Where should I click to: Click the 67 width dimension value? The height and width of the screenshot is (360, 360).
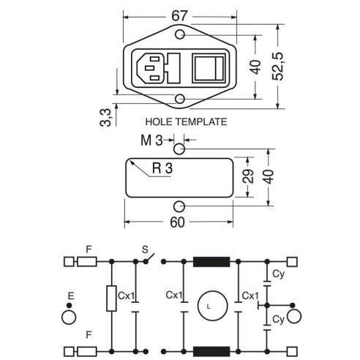179,16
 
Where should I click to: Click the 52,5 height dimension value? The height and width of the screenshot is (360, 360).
278,67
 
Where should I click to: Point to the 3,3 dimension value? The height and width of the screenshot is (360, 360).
105,118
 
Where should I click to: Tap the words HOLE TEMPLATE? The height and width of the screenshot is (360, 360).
186,121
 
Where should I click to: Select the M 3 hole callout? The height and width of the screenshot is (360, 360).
151,140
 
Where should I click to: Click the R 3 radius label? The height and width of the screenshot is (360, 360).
162,168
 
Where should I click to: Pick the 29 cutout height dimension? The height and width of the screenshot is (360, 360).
248,176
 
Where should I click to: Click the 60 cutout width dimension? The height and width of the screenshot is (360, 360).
177,222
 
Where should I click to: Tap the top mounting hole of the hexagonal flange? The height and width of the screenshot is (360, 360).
180,34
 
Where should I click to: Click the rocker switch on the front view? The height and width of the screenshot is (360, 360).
209,69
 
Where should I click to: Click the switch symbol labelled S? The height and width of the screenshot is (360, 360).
149,259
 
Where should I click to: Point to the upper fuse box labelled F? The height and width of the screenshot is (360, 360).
87,262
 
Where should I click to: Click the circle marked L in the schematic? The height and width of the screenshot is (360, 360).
212,305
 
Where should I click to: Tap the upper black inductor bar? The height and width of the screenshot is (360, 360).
211,262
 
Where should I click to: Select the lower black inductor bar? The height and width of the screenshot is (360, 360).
211,351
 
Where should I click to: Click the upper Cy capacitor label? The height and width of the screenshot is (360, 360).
278,274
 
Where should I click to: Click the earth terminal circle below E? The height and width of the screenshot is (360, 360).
69,318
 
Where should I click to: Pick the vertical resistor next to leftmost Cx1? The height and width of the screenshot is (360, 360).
111,299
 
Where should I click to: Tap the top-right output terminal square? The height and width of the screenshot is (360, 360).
292,262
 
